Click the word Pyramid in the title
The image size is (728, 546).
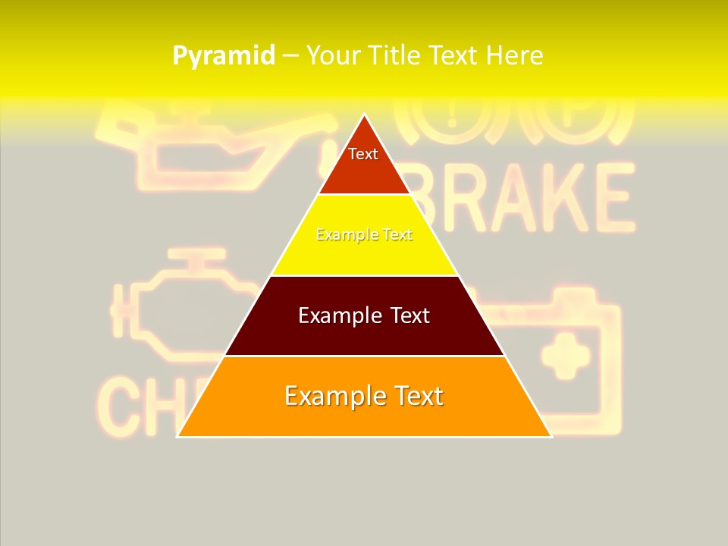[223, 56]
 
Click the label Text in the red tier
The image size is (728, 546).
[363, 154]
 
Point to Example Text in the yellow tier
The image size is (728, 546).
[364, 235]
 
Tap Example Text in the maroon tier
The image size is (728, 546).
[364, 315]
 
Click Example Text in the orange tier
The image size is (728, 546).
[364, 396]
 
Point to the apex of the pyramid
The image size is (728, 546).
[364, 116]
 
